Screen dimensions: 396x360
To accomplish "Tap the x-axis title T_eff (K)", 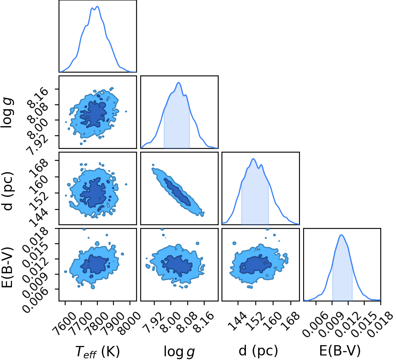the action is tap(97, 351).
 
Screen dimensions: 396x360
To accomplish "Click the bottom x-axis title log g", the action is tap(179, 352).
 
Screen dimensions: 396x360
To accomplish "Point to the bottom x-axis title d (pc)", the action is tap(258, 351).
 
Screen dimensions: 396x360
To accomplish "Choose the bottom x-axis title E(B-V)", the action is tap(340, 351).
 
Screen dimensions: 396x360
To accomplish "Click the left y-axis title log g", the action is tap(7, 113).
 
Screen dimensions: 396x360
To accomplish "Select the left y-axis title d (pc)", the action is tap(7, 191).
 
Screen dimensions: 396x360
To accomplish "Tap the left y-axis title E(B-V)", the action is tap(7, 267).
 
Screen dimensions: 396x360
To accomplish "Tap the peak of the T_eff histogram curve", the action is tap(97, 7).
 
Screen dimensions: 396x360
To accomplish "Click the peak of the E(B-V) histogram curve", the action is tap(342, 235).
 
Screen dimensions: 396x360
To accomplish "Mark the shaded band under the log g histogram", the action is tap(177, 121).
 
